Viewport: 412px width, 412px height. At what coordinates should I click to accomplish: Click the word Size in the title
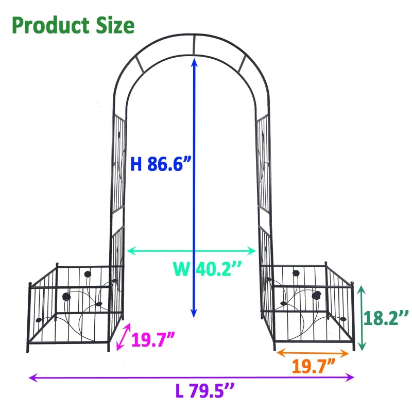tap(111, 24)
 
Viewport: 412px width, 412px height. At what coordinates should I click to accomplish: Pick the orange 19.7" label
tap(315, 367)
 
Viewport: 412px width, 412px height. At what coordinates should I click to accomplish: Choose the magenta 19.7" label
tap(153, 340)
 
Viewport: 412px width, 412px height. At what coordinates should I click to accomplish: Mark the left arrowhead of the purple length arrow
tap(32, 377)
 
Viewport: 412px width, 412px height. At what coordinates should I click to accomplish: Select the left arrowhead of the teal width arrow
tap(130, 251)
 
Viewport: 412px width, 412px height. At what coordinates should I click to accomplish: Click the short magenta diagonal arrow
tap(123, 337)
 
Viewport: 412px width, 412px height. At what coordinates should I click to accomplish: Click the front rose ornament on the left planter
tap(66, 297)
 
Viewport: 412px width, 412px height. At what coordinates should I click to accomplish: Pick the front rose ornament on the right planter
tap(316, 296)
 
